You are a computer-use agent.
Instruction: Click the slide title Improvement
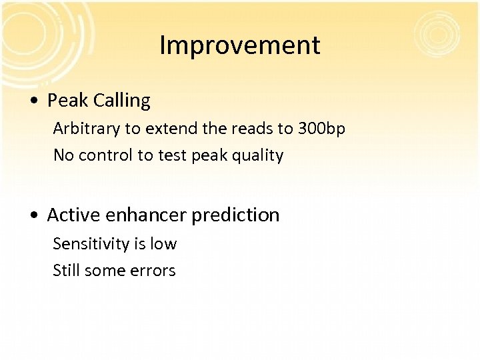[240, 45]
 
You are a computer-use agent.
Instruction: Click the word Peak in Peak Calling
[68, 101]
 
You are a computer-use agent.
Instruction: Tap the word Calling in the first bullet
[122, 101]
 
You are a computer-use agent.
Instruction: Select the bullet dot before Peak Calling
[34, 101]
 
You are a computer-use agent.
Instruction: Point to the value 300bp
[321, 128]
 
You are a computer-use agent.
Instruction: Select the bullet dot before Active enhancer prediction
[34, 216]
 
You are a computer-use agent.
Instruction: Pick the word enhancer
[143, 215]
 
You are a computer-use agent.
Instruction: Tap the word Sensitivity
[91, 244]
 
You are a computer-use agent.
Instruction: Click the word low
[163, 244]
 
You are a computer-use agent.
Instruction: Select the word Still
[67, 271]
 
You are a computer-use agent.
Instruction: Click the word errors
[153, 271]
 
